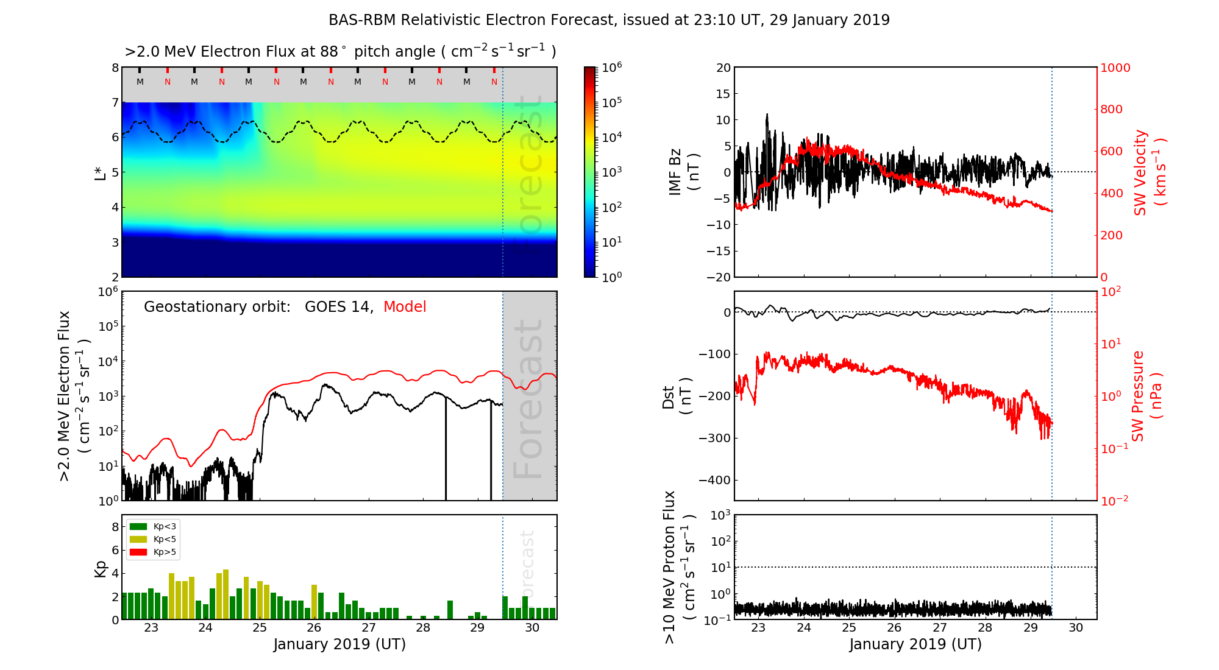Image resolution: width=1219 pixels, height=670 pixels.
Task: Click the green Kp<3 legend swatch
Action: (139, 526)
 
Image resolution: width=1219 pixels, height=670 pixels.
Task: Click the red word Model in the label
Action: (405, 307)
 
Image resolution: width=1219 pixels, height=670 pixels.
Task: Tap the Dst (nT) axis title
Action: (677, 397)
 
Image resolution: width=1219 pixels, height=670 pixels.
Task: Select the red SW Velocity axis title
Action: (1150, 172)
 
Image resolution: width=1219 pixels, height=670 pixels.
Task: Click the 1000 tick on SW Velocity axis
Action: (1115, 68)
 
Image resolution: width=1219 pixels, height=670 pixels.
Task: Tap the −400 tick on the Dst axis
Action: (714, 480)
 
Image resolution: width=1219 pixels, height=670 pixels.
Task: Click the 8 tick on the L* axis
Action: (115, 68)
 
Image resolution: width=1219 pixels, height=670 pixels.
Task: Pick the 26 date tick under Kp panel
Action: (314, 628)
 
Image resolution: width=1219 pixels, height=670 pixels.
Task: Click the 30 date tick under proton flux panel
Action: (1076, 628)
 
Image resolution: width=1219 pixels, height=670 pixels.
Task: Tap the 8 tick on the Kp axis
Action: (115, 527)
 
